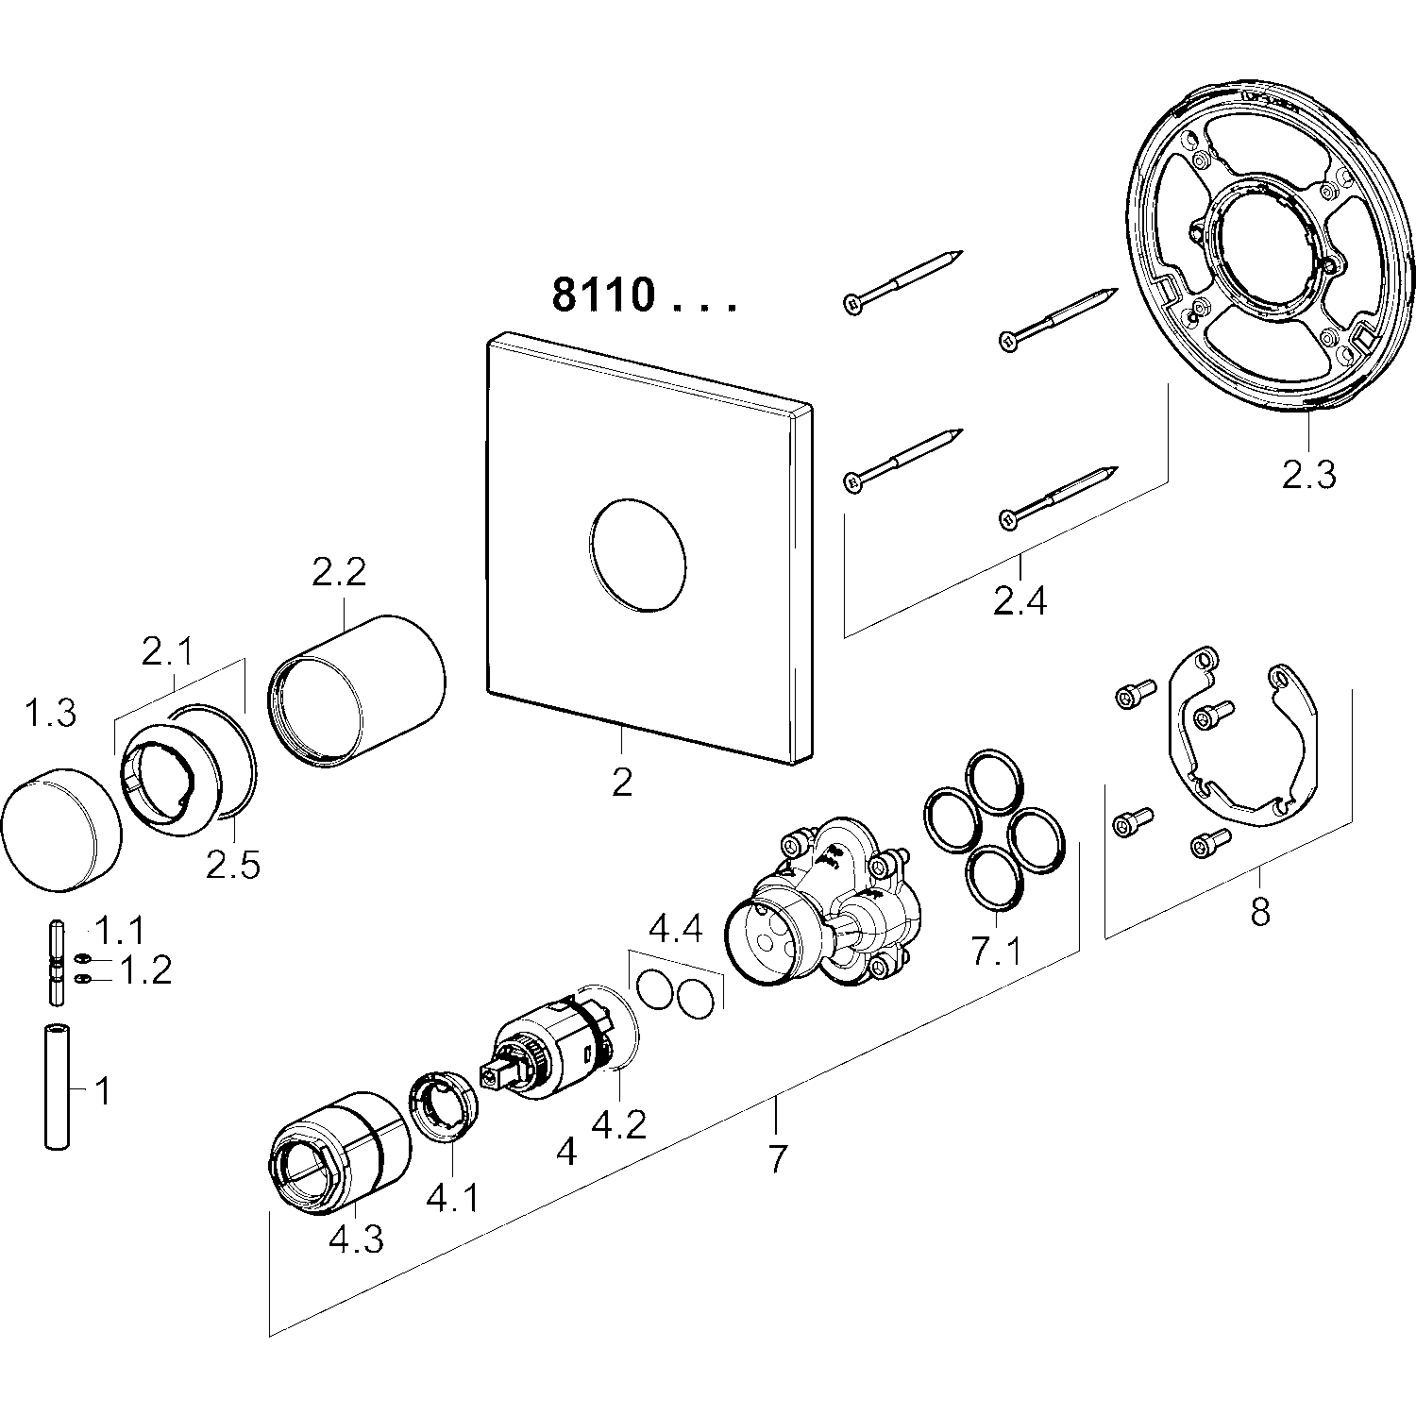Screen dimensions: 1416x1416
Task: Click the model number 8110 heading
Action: coord(604,295)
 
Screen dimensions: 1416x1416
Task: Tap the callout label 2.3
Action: coord(1308,474)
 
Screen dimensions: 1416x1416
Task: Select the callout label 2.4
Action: coord(1020,599)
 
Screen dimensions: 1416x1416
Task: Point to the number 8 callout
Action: coord(1259,912)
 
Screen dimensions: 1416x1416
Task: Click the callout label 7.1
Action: coord(996,952)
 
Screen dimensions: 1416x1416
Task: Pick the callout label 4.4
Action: coord(676,930)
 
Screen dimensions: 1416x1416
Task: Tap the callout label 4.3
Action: coord(356,1239)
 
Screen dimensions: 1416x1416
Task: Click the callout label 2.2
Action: coord(339,573)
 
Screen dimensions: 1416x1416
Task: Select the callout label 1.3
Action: coord(49,714)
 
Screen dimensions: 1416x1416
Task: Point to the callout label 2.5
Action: coord(233,865)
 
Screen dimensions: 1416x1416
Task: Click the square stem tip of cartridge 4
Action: coord(492,1074)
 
